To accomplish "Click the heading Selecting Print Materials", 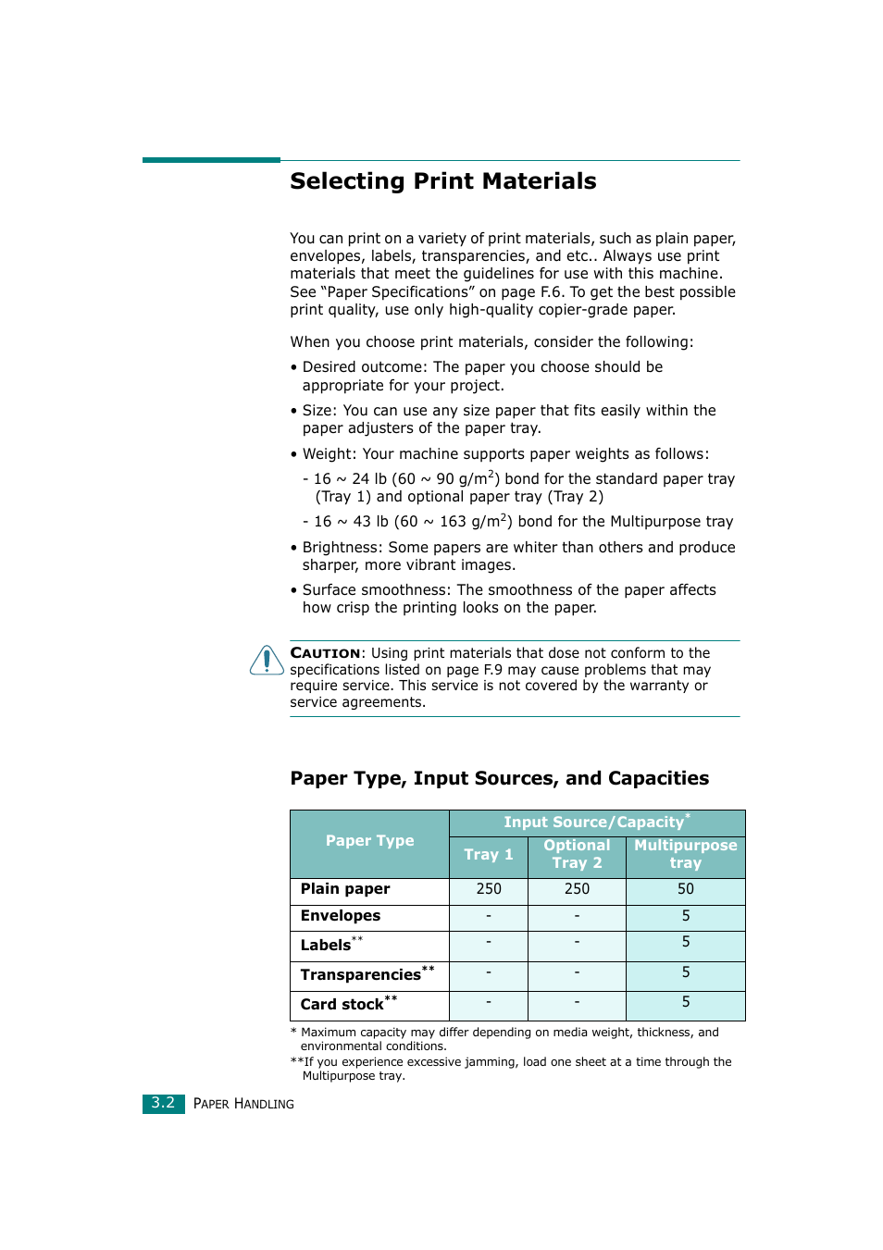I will point(442,181).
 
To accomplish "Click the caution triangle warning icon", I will point(267,661).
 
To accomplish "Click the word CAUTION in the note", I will point(325,653).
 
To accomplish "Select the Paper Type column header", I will point(369,841).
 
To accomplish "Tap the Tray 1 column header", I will point(488,855).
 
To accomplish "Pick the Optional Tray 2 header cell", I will point(577,854).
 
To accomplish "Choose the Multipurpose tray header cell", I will point(685,854).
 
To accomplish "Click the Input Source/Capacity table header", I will point(596,823).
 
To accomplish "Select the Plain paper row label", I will point(345,889).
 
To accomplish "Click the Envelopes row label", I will point(341,916).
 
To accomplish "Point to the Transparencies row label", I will point(361,975).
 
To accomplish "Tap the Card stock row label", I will point(342,1005).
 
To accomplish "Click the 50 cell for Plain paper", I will point(685,889).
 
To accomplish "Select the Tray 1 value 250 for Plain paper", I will point(488,889).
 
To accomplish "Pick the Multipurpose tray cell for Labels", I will point(685,942).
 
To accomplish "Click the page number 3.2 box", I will point(163,1103).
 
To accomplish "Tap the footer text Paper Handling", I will point(243,1104).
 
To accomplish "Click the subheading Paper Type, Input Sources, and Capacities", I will point(499,778).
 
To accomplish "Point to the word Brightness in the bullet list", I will point(342,548).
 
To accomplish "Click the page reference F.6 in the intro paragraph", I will point(551,292).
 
